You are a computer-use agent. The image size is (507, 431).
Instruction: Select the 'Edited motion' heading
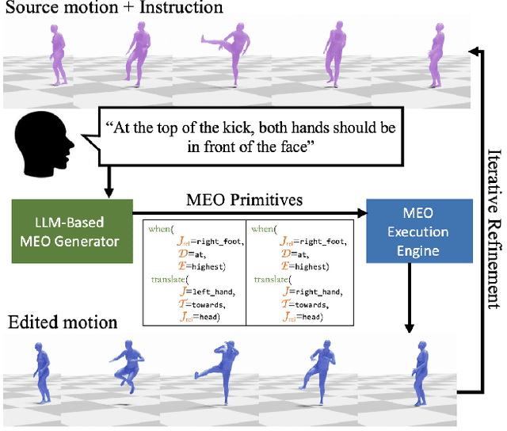click(63, 322)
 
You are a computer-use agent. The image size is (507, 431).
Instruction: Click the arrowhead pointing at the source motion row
click(475, 51)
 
